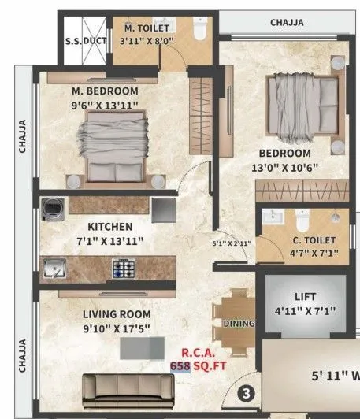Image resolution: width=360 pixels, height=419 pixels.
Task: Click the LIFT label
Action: tap(306, 298)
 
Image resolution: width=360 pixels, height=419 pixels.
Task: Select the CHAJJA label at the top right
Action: tap(287, 23)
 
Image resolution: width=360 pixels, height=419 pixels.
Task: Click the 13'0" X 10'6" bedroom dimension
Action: tap(280, 168)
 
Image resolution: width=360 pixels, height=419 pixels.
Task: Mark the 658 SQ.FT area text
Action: tap(200, 366)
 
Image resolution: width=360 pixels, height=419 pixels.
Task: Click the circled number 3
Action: tap(246, 391)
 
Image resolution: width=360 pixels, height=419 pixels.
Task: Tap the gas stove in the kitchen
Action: tap(124, 269)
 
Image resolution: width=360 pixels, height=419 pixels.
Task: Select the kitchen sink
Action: tap(55, 269)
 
